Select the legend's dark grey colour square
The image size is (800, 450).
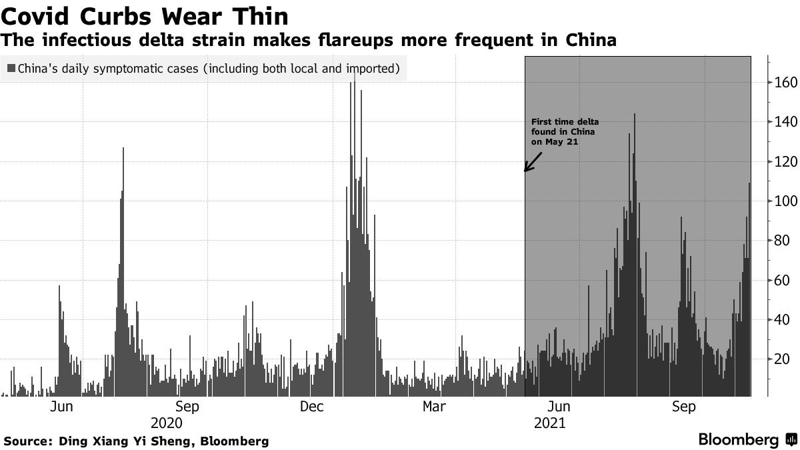(x=11, y=68)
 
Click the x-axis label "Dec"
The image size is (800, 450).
(x=311, y=407)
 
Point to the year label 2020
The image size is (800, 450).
(x=166, y=423)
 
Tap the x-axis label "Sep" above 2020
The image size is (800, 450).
(x=187, y=407)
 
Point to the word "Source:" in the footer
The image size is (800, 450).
(x=28, y=441)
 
